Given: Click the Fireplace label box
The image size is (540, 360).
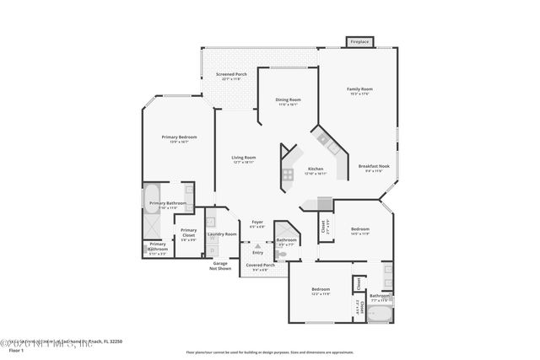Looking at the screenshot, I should [359, 40].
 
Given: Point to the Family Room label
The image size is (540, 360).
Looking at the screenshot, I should [360, 90].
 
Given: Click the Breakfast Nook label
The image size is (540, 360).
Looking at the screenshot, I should [372, 168].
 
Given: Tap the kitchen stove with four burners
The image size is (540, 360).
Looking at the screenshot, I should [288, 175].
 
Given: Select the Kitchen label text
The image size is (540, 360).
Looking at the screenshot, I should [316, 169].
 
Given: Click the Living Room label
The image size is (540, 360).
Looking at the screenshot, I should [244, 159].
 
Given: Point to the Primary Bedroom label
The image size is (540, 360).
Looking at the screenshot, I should [180, 138].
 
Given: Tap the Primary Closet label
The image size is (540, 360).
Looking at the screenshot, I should [188, 232].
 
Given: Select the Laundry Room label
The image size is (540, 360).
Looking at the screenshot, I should [222, 234].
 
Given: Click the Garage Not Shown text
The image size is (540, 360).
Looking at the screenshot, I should [220, 266].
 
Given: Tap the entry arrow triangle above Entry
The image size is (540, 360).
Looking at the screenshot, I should [257, 246].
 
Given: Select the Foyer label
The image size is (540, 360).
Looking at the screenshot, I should [257, 223].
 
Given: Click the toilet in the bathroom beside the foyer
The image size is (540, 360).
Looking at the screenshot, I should [283, 253].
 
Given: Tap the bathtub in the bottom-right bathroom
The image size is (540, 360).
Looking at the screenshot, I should [381, 318].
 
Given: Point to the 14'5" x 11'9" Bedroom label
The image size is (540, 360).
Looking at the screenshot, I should [360, 230].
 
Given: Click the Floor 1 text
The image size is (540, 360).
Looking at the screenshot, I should [15, 349].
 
